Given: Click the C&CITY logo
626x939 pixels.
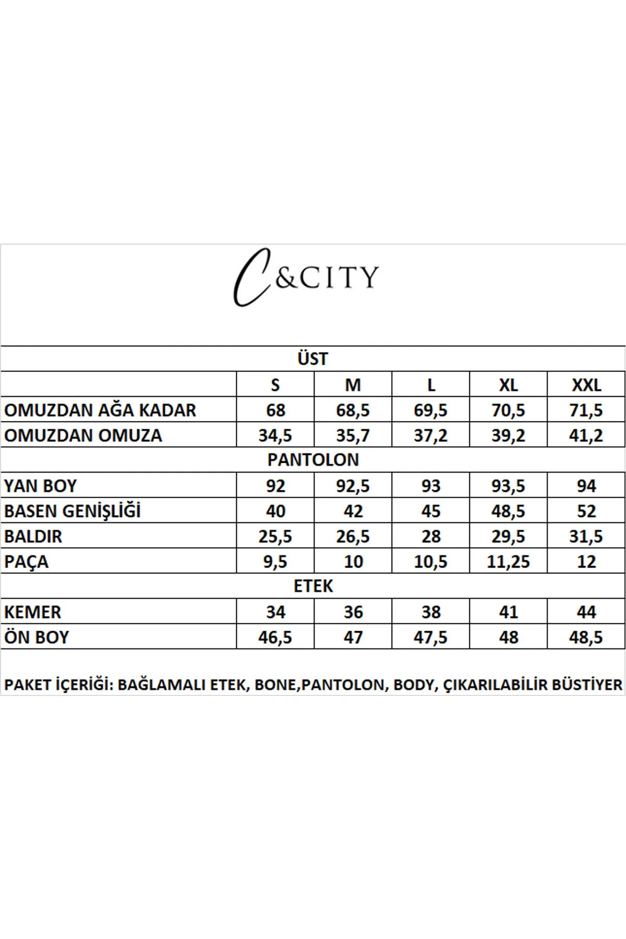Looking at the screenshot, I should [x=306, y=277].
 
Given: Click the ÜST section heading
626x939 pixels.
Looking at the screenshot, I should [x=312, y=359].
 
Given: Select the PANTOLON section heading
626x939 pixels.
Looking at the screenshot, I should [x=313, y=460].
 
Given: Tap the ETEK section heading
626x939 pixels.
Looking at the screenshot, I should [x=313, y=586].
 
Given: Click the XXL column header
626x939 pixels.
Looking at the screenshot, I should [x=586, y=385].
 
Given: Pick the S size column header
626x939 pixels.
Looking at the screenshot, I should [x=275, y=385].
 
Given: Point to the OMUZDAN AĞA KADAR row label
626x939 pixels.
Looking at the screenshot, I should [x=100, y=411].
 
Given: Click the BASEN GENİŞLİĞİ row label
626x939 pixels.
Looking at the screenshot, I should [x=73, y=511].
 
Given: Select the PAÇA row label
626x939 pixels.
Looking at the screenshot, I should [x=26, y=562].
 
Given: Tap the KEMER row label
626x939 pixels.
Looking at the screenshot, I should [x=32, y=612].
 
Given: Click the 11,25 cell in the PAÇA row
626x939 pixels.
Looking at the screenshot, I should [x=508, y=562].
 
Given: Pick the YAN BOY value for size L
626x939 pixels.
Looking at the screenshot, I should [x=431, y=486].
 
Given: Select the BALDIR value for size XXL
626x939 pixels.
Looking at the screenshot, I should [x=586, y=536].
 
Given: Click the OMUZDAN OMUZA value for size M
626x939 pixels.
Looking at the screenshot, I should [x=353, y=436].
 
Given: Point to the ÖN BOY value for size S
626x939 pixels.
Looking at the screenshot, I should [x=275, y=637].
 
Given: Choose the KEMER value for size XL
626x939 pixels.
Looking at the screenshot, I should [x=508, y=612].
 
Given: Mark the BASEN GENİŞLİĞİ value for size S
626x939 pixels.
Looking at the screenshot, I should [x=275, y=511].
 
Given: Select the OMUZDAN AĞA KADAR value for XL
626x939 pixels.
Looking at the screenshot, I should [x=508, y=411].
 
